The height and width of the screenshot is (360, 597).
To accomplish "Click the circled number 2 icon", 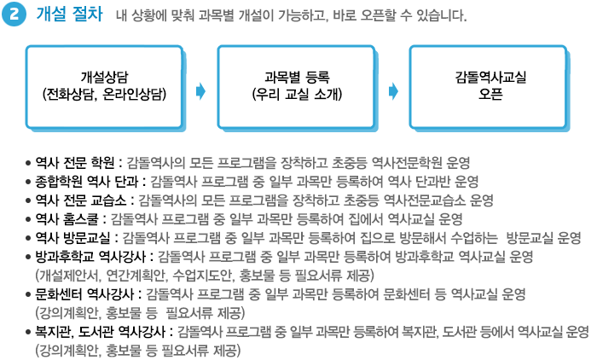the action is (x=14, y=15).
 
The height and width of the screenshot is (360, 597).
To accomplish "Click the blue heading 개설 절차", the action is (x=69, y=15).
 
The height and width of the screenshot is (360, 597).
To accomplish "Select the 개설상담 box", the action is (x=105, y=88).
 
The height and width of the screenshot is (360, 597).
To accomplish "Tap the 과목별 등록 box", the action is (x=297, y=88).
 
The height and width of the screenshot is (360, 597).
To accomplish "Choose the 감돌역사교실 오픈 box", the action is (x=489, y=88).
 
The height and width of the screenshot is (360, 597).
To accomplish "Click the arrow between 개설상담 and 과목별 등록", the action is (x=200, y=91).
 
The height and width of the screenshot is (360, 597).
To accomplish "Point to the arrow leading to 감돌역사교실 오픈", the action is (x=393, y=91).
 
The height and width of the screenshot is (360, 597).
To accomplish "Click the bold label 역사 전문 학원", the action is (x=75, y=163).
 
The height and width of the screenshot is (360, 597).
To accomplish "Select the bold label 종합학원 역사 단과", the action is (x=86, y=182).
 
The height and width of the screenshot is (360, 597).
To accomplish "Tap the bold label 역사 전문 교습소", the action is (x=81, y=200).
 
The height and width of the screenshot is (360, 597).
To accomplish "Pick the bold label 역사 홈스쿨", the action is (x=67, y=219).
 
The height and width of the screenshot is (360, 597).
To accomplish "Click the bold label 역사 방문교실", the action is (x=72, y=238).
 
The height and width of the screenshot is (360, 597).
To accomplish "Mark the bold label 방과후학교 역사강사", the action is (x=90, y=257).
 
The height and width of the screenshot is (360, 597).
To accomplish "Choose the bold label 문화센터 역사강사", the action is (x=84, y=294).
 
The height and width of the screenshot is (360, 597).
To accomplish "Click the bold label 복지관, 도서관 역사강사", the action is (x=101, y=332).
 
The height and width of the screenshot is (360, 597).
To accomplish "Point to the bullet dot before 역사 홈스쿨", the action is (x=28, y=219).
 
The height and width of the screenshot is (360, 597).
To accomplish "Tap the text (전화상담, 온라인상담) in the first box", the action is (x=105, y=95).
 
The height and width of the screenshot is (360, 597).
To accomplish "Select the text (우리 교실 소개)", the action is (x=297, y=95).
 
